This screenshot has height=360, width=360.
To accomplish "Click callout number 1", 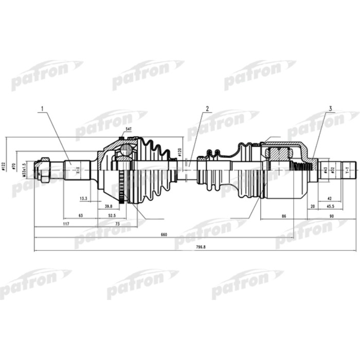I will point(43,109).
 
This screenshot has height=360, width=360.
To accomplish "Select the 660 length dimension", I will point(164,235).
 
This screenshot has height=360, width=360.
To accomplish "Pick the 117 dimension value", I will point(66,224).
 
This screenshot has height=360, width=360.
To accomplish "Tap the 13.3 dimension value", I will point(84,197).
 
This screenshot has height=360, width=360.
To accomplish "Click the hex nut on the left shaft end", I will point(44,169).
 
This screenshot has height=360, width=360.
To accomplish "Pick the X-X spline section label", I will point(78,169).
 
